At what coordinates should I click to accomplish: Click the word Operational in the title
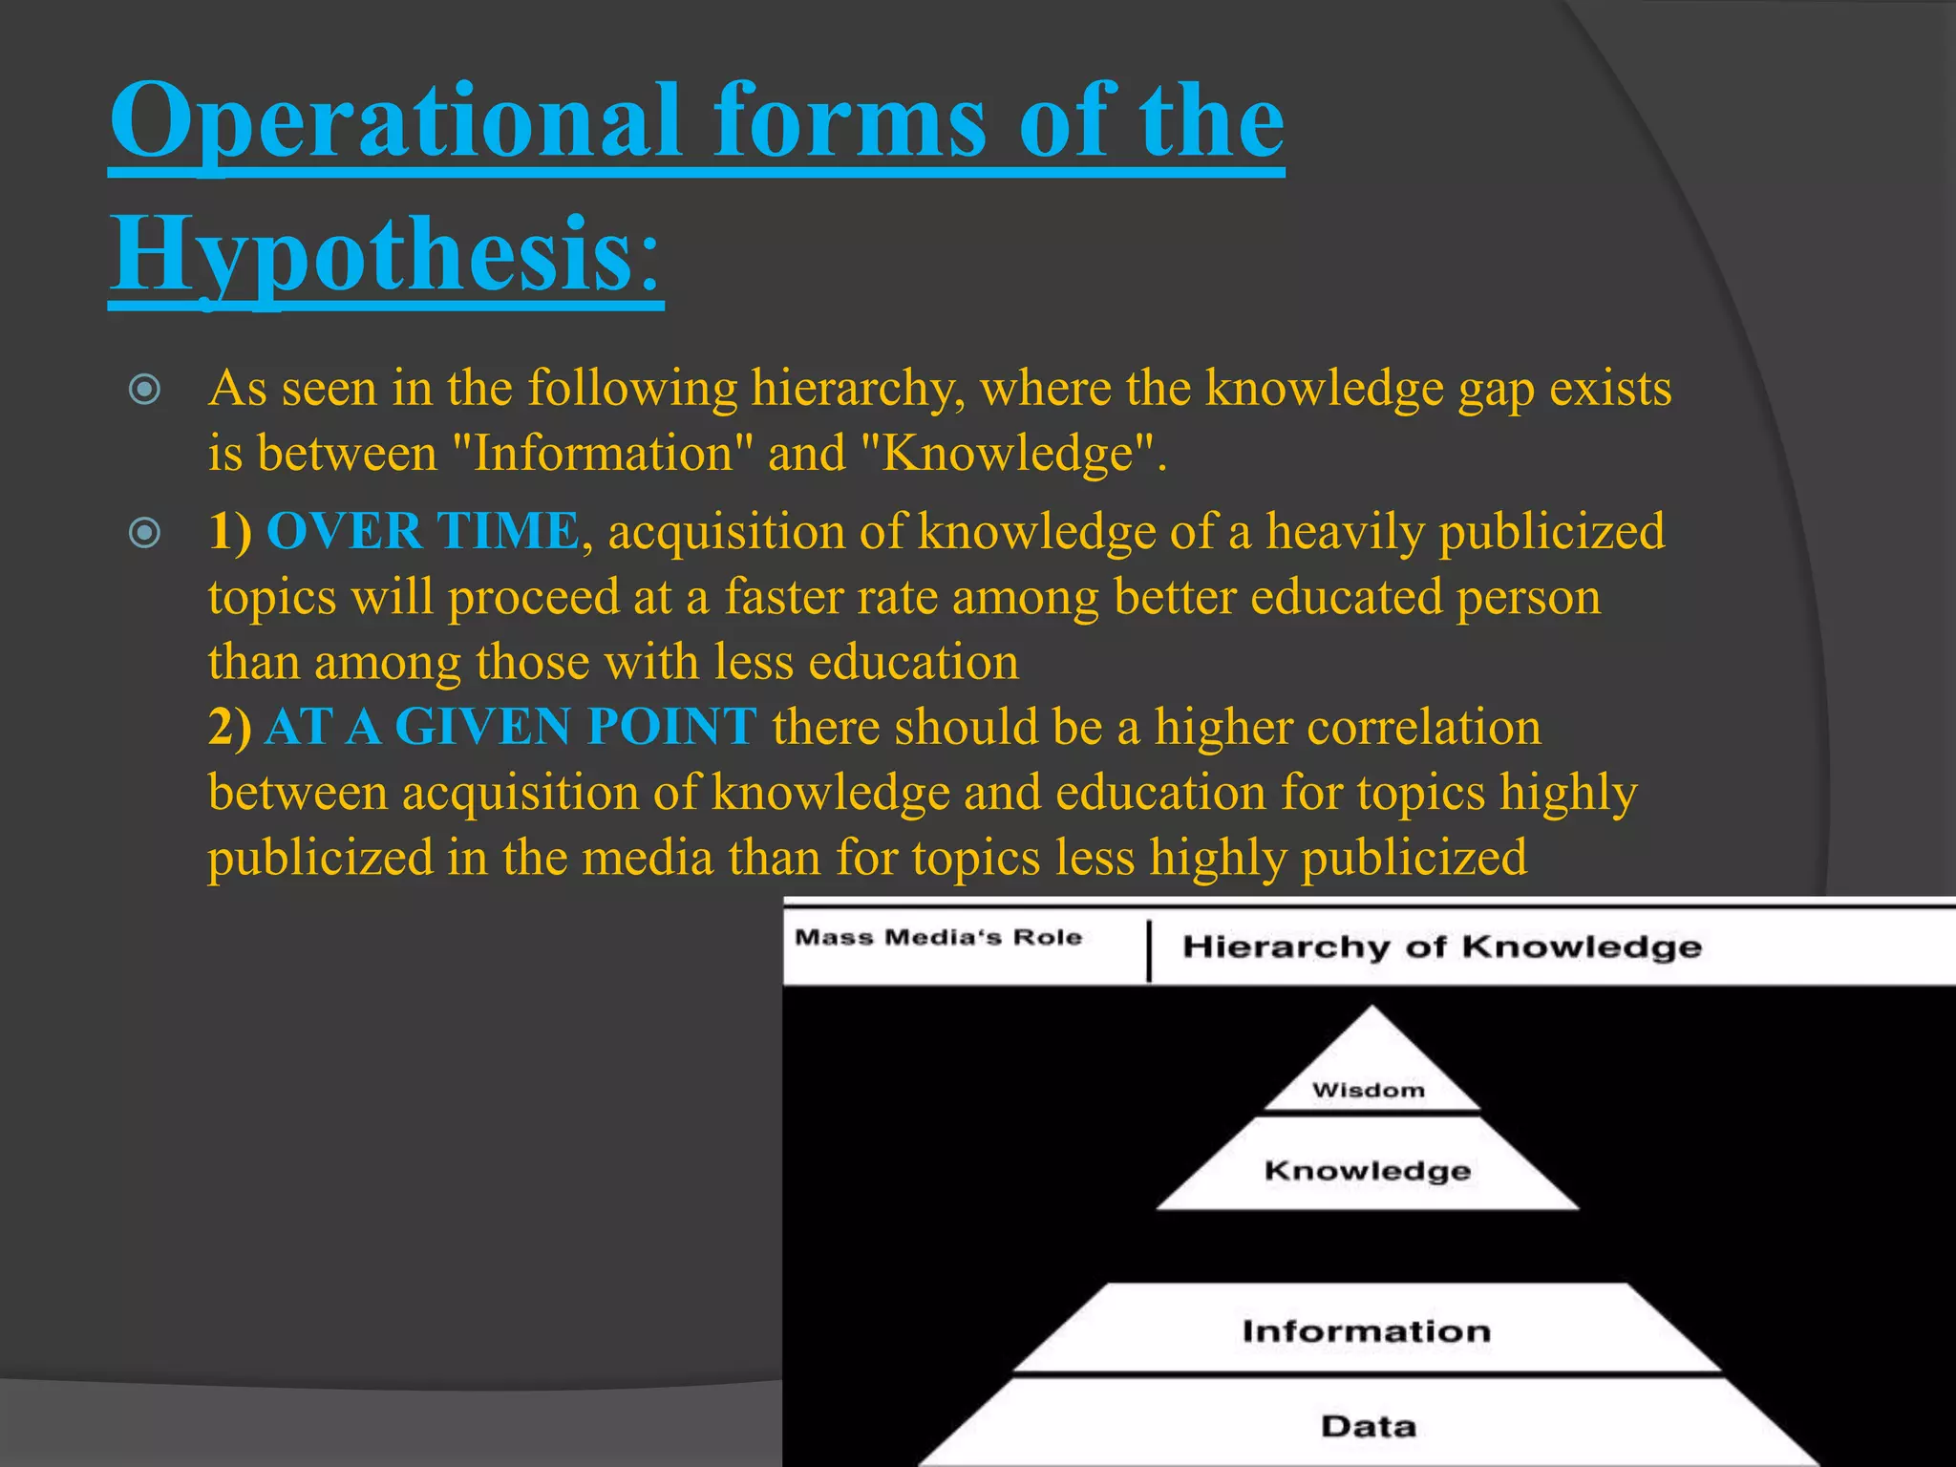(395, 122)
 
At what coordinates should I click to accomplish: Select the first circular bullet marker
(144, 390)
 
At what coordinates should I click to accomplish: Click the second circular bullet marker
(144, 533)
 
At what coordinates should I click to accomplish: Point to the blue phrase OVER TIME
(422, 531)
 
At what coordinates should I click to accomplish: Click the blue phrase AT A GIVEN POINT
(511, 727)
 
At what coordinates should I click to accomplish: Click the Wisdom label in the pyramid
(1368, 1090)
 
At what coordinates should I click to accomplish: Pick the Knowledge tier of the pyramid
(1367, 1170)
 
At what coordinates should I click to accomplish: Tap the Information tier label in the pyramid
(1366, 1330)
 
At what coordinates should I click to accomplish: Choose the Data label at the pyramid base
(1368, 1426)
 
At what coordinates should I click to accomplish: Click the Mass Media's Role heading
(938, 937)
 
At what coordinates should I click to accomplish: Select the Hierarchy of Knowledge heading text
(1442, 946)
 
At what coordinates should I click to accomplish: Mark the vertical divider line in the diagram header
(1149, 950)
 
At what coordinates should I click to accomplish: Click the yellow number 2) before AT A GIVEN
(230, 727)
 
